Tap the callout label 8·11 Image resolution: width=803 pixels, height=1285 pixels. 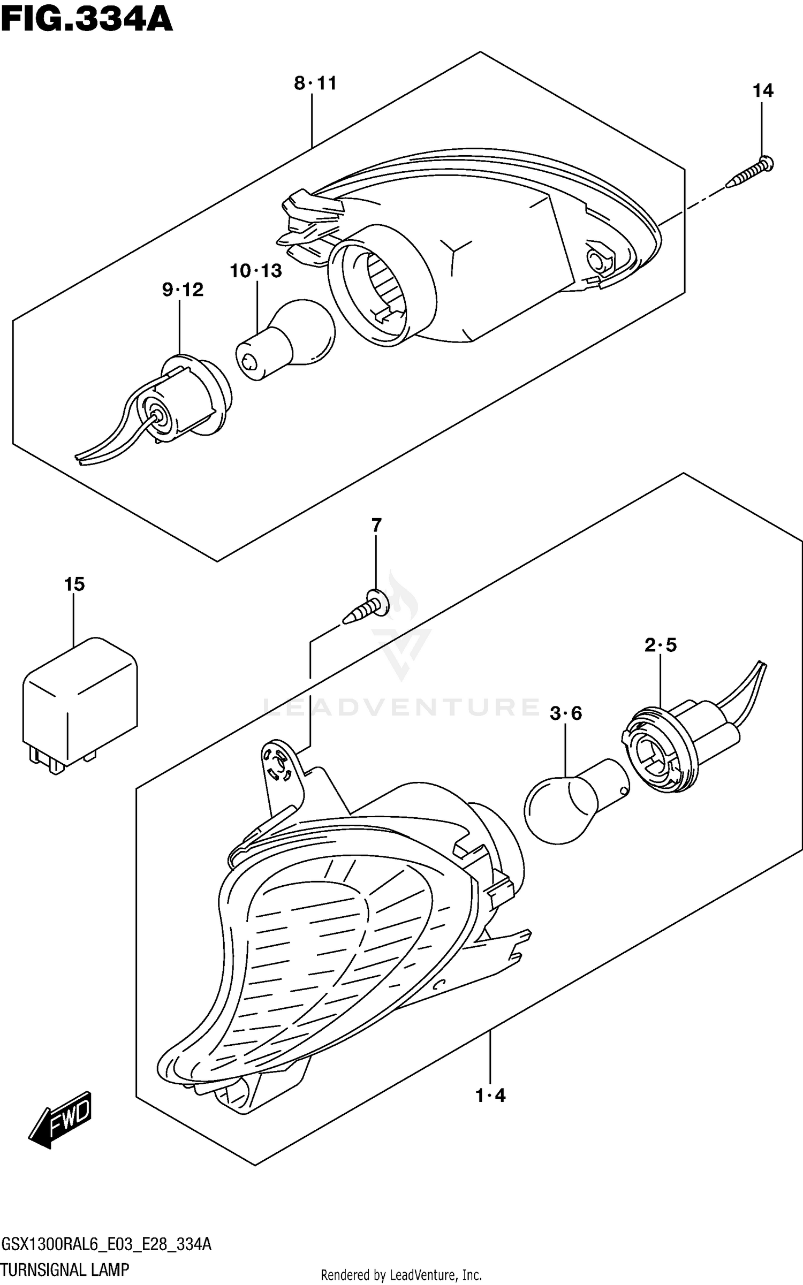click(315, 83)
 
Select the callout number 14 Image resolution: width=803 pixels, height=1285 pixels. click(763, 91)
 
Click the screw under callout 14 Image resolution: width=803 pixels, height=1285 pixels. click(749, 172)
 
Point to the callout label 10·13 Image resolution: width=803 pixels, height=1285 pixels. click(256, 271)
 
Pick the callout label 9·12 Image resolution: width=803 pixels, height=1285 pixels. click(183, 290)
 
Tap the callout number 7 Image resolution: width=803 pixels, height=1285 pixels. click(376, 526)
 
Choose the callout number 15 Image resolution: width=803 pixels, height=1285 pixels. click(74, 584)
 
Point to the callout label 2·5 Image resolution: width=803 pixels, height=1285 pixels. click(660, 645)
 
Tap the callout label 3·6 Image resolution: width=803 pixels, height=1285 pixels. click(565, 713)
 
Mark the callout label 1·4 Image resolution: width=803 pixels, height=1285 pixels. click(490, 1096)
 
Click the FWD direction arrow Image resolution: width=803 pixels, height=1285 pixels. click(60, 1120)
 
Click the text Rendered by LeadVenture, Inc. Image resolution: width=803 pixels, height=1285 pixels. click(401, 1275)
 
